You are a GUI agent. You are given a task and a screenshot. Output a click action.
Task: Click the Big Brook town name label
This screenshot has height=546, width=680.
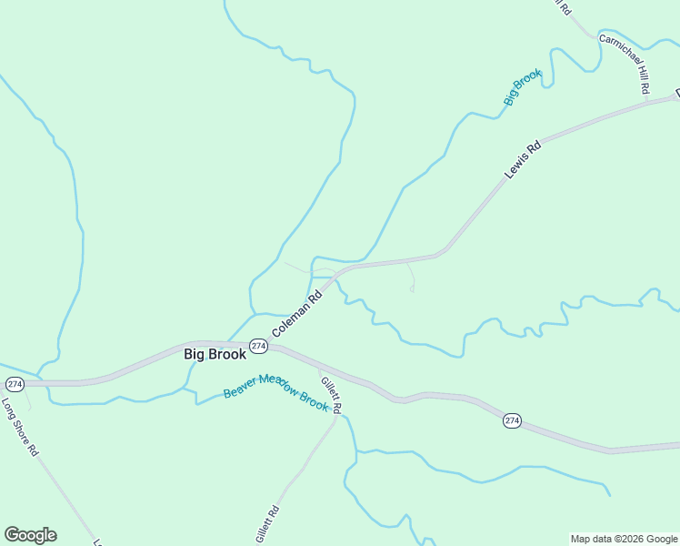pos(215,354)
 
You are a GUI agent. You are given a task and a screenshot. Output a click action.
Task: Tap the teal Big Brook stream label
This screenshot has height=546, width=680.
pos(523,87)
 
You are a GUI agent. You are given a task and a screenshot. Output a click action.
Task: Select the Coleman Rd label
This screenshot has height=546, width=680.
pos(297,312)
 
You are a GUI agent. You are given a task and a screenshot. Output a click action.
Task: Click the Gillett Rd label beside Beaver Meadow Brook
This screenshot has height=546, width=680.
pos(331,390)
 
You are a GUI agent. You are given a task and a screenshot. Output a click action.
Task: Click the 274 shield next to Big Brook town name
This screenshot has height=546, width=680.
pos(259,347)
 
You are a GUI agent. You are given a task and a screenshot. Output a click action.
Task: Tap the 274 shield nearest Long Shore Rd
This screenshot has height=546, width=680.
pos(14,384)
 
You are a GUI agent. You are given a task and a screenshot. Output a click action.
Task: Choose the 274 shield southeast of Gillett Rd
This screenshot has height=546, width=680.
pos(512,420)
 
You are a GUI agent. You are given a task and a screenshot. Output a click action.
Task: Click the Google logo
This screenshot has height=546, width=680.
pos(30,535)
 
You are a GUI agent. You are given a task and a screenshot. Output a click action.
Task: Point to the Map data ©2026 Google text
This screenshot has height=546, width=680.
pos(624,539)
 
